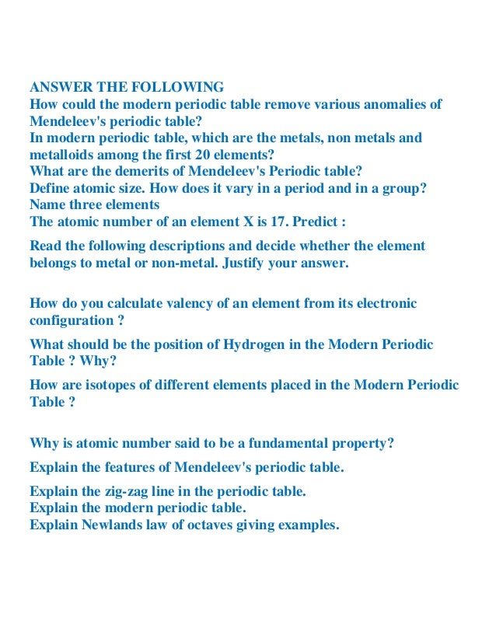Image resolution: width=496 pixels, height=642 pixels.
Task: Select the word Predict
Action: point(320,222)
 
